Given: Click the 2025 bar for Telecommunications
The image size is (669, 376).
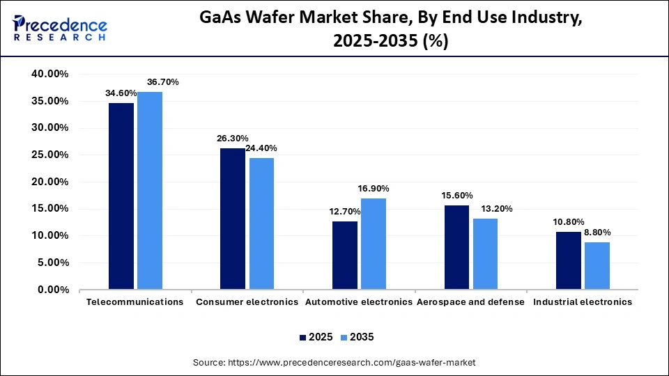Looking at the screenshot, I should [121, 196].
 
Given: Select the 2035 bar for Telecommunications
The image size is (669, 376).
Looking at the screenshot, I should [150, 191].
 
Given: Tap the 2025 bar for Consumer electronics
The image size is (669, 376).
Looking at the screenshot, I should [233, 219].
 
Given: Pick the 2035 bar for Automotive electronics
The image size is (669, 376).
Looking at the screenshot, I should [374, 244].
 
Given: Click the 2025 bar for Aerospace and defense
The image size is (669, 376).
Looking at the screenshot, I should [456, 247].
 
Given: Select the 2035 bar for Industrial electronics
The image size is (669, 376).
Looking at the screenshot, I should [597, 266].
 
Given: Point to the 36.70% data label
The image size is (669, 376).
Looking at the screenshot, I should [162, 82].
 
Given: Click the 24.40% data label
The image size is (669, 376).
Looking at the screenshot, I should [263, 148].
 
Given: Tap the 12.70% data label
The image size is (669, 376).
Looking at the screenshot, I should [344, 212].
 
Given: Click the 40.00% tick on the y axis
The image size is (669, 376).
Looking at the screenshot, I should [49, 74].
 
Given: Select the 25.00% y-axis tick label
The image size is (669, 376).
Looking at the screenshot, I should [49, 155].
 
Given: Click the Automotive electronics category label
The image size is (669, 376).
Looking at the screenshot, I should [359, 302].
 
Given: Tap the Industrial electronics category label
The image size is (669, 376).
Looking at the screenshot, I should [583, 302].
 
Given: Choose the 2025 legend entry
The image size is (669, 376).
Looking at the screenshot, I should [316, 337].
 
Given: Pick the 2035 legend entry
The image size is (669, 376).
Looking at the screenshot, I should [357, 337].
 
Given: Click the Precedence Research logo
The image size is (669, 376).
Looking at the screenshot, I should [59, 28].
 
